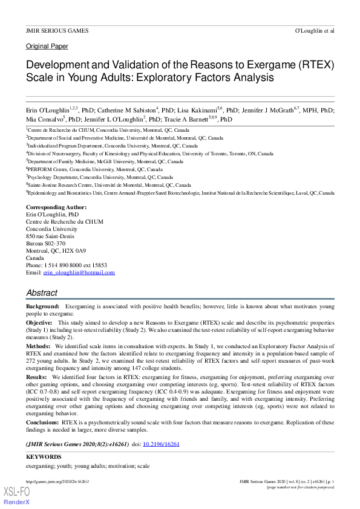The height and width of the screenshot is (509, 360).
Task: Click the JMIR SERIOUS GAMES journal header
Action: point(57,30)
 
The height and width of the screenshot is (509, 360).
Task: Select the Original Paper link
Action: point(47,46)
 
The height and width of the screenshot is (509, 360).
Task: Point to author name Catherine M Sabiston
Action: point(125,110)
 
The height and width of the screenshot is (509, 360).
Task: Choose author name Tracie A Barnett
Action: point(198,120)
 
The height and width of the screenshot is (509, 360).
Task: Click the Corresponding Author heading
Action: point(56,207)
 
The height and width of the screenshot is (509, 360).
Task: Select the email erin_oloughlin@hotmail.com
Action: point(79,273)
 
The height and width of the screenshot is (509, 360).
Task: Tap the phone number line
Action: point(66,265)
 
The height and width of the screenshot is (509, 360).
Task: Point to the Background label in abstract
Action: point(42,307)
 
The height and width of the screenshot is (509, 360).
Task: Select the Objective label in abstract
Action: point(39,323)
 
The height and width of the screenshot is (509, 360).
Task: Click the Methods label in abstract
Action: point(38,346)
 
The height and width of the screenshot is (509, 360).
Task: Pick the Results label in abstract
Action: point(37,377)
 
